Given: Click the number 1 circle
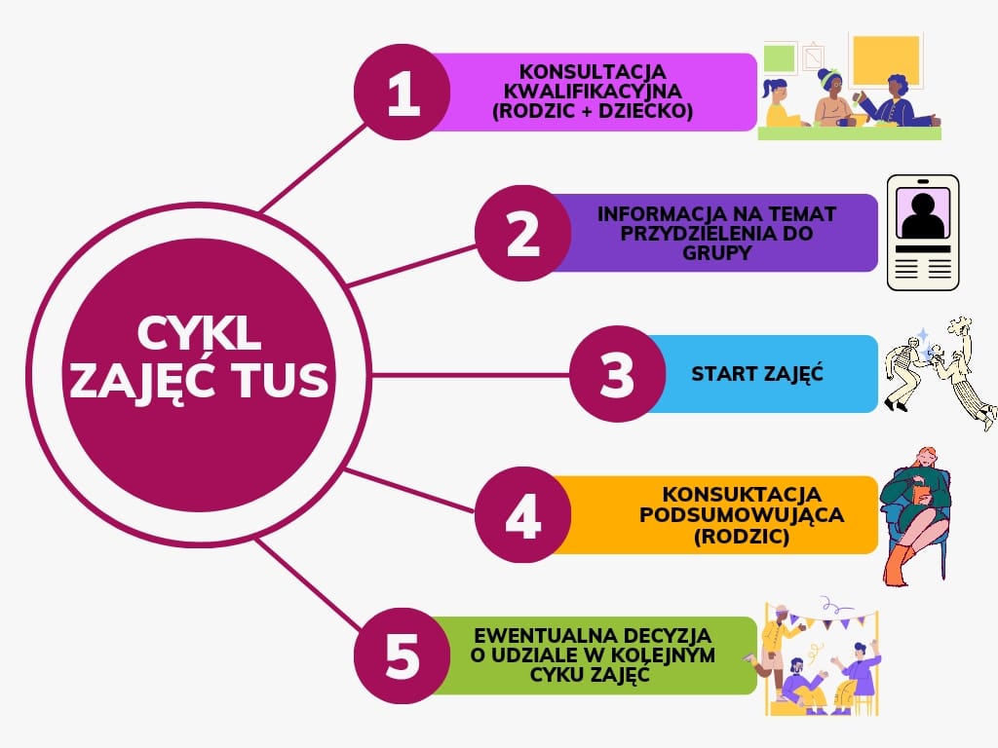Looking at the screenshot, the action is (403, 93).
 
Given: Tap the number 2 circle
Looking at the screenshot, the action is (523, 233).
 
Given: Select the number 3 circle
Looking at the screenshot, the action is (617, 374).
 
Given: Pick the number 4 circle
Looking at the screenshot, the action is (523, 514).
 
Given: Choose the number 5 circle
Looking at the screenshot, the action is (403, 655).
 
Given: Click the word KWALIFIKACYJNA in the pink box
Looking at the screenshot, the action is (593, 92).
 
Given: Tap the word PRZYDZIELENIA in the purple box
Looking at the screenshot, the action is (716, 234).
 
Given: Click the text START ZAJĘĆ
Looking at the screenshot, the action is (757, 373).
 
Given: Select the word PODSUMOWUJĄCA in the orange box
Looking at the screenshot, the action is (742, 514).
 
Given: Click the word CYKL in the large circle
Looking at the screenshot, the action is (199, 333).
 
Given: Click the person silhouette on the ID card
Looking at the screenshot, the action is (923, 214).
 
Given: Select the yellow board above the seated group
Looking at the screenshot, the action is (886, 59).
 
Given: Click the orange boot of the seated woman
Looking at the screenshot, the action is (898, 565).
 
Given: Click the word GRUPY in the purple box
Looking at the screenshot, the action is (716, 252).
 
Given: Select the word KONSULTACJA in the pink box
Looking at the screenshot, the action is (593, 72).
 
